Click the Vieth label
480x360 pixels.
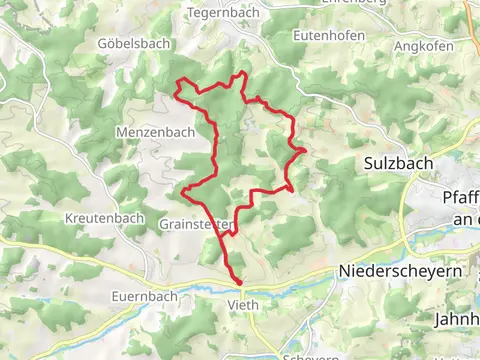pos(243,305)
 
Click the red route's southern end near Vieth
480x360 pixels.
pos(239,283)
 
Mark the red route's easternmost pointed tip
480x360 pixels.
pos(304,150)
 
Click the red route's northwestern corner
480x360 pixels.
pos(178,80)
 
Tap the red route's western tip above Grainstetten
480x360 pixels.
pos(182,188)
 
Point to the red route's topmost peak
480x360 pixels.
pos(243,73)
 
